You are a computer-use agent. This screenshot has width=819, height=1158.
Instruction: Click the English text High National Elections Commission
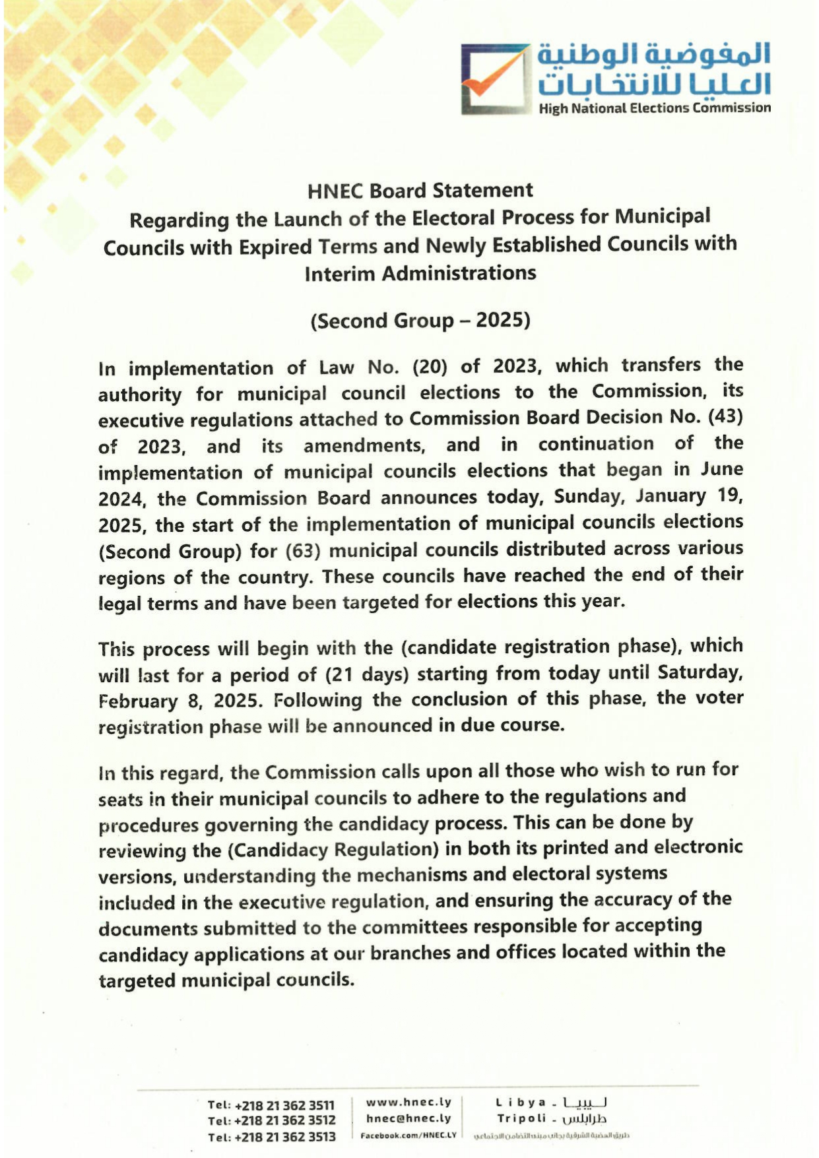[654, 108]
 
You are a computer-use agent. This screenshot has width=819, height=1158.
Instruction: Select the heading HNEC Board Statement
[420, 191]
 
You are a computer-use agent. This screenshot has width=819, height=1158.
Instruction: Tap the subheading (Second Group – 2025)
[420, 321]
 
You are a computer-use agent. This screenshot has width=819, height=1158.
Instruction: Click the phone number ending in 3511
[271, 1105]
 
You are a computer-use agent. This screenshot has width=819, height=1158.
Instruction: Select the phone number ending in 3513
[271, 1137]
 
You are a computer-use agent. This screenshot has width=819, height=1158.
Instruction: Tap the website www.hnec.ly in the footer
[409, 1102]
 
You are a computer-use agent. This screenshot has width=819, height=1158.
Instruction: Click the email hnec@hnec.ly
[409, 1118]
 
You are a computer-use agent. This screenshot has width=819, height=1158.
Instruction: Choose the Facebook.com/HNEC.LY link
[409, 1135]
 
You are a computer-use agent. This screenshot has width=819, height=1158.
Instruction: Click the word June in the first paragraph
[721, 470]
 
